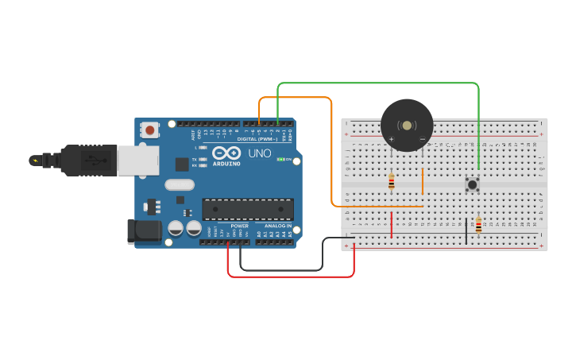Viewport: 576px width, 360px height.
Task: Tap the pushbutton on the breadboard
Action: pos(472,184)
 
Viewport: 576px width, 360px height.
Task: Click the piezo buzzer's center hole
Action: pos(407,126)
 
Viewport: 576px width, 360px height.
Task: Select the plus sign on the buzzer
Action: pos(391,140)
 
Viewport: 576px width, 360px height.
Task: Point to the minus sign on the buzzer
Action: pos(423,140)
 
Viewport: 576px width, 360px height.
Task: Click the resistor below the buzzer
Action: pos(391,183)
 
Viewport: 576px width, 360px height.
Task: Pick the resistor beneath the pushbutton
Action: pos(478,225)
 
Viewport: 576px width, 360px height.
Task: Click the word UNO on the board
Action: pos(260,153)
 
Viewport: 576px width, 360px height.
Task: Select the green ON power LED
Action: pos(279,159)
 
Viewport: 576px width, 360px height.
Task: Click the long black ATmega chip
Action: pos(247,209)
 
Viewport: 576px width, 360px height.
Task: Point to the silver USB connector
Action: pos(137,159)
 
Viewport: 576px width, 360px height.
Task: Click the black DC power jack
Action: pos(145,231)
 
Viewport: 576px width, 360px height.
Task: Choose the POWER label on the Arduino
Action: pos(239,226)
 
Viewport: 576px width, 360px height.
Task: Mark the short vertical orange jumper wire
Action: pos(423,181)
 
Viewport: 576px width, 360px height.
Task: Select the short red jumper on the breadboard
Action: pos(391,224)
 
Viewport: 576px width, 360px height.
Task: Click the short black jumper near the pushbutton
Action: pos(466,230)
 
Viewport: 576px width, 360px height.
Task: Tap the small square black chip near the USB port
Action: pos(182,165)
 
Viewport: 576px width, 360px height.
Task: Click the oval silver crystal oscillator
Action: pos(180,185)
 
